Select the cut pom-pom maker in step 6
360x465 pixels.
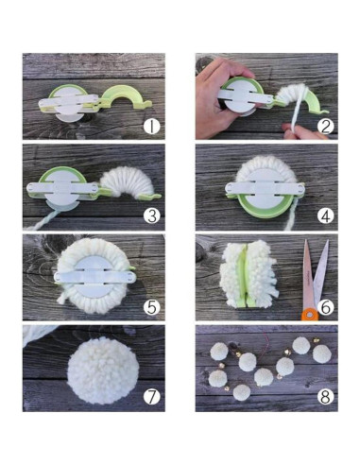pos(249,278)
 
